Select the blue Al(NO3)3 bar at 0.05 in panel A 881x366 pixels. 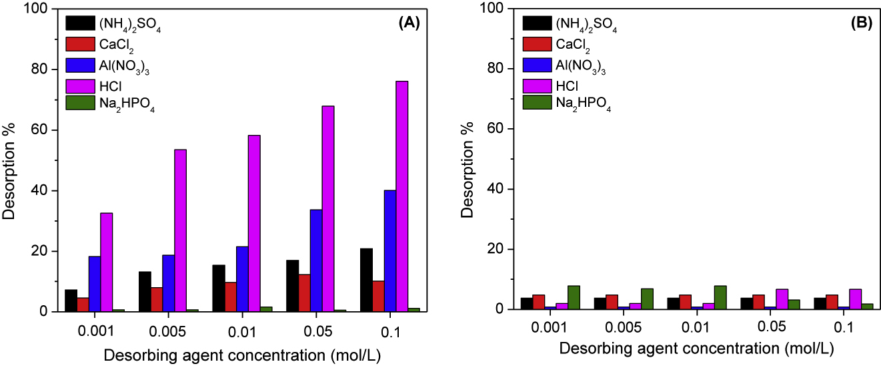(315, 260)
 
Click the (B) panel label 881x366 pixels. (860, 22)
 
